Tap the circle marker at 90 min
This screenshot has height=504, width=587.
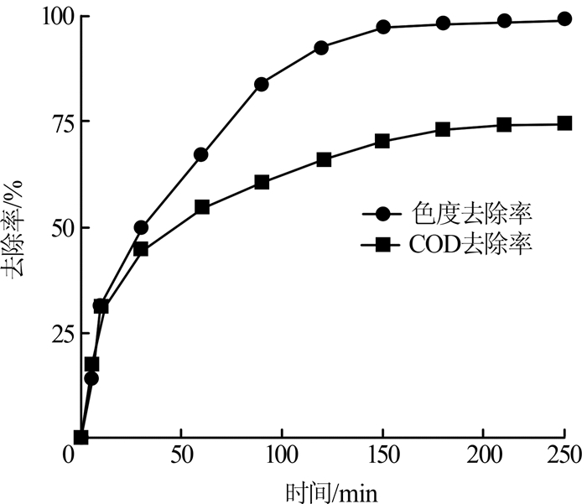pyautogui.click(x=262, y=84)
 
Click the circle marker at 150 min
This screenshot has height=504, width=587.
pyautogui.click(x=383, y=27)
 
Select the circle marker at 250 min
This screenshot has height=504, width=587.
pyautogui.click(x=564, y=19)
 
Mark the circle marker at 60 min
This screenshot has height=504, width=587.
pyautogui.click(x=201, y=154)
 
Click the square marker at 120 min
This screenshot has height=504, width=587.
pyautogui.click(x=324, y=159)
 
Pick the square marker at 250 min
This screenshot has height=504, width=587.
pyautogui.click(x=564, y=123)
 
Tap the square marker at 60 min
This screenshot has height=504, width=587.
pyautogui.click(x=201, y=207)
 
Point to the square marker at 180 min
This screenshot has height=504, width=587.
pyautogui.click(x=444, y=129)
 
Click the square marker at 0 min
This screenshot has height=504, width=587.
pyautogui.click(x=81, y=437)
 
